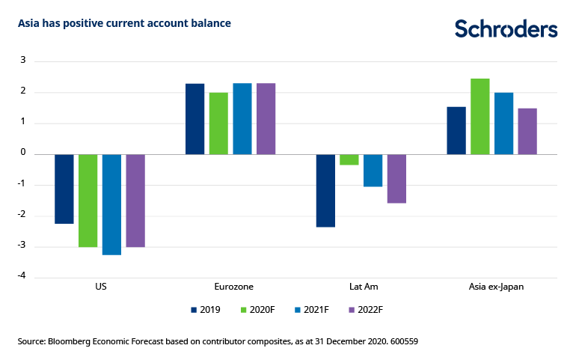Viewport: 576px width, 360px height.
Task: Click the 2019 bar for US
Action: (x=64, y=189)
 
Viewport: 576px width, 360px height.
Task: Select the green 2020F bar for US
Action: (x=88, y=201)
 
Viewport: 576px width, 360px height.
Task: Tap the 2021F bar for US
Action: (x=111, y=204)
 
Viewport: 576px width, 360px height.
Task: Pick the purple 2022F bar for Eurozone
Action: (x=266, y=119)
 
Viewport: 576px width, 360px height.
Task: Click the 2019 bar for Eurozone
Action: (x=194, y=119)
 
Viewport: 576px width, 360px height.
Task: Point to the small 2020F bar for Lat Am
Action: (x=349, y=159)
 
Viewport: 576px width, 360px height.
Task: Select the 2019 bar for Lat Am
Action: (x=325, y=190)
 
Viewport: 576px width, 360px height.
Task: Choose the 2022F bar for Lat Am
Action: (x=396, y=179)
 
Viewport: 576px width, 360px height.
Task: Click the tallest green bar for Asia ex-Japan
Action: (x=480, y=117)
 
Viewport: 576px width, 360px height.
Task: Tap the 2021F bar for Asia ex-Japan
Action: (x=503, y=123)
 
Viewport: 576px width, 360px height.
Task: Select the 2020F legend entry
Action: (x=258, y=309)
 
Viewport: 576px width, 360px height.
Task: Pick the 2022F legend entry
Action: (x=364, y=309)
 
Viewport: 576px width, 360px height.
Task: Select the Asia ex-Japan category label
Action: (x=491, y=287)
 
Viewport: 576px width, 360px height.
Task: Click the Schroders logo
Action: (x=506, y=29)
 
